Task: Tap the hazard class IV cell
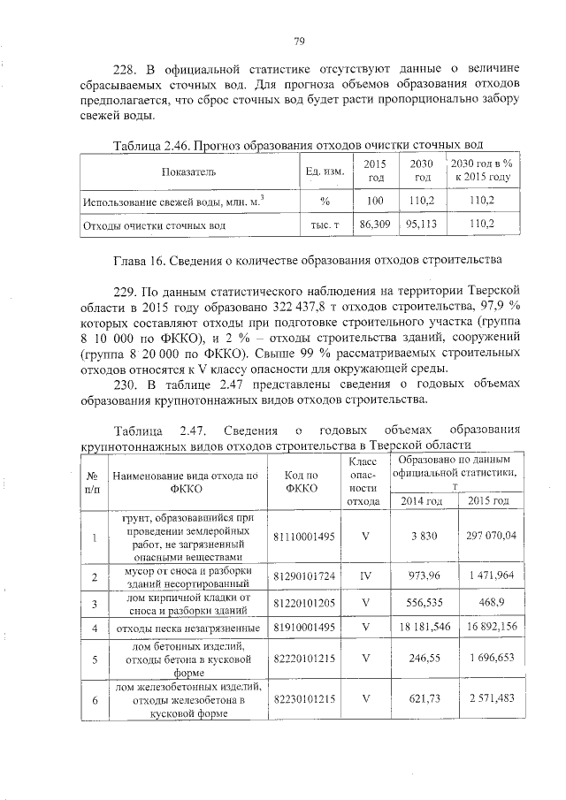pos(364,576)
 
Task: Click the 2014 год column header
pos(422,501)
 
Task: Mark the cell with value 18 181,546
pos(422,629)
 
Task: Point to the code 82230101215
pos(302,698)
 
